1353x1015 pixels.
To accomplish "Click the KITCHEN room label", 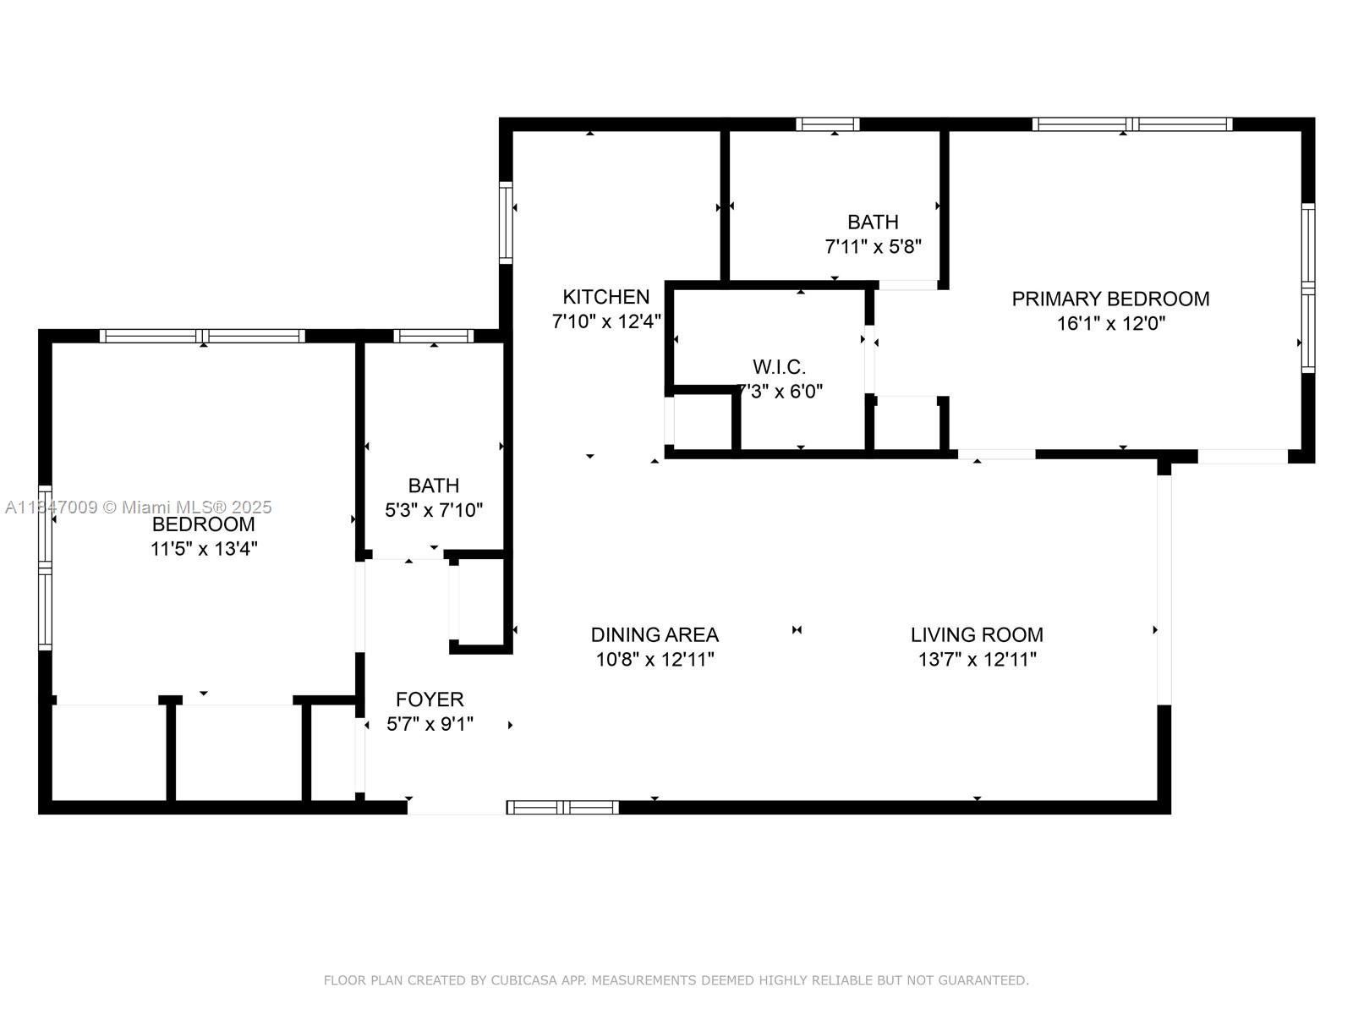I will coord(605,297).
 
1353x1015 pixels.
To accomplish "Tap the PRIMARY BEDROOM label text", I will coord(1110,299).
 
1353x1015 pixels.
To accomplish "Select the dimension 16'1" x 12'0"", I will coord(1110,323).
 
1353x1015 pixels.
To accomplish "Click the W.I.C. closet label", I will coord(779,367).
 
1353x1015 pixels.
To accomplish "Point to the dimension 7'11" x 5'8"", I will coord(873,247).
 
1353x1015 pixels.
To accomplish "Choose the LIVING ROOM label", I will coord(977,634).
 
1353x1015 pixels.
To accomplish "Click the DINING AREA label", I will coord(655,634).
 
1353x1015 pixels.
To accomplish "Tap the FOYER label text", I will coord(430,700).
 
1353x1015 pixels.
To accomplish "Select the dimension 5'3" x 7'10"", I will coord(434,510).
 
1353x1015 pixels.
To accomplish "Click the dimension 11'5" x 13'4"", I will coord(204,549).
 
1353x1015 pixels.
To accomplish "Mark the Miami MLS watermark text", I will coord(139,507).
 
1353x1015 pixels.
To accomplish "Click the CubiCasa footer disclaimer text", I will coord(676,980).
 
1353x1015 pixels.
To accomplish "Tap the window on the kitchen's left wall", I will coord(506,222).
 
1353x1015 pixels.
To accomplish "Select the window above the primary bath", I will coord(828,124).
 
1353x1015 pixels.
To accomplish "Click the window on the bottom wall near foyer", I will coord(563,808).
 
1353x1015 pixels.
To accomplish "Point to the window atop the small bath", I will coord(434,336).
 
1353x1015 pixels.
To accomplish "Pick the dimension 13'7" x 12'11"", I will coord(977,660).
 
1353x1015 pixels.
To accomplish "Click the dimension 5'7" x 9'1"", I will coord(430,724).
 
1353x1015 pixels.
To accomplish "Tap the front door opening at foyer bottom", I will coord(457,809).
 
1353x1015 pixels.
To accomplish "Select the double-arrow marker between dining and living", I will coord(797,629).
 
